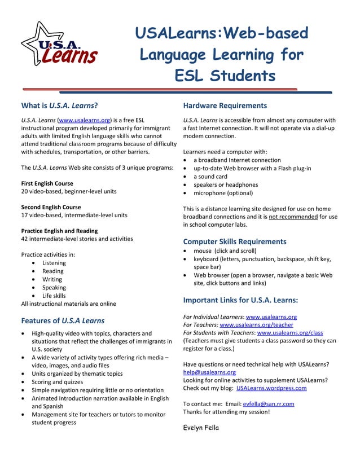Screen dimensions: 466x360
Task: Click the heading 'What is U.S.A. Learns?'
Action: click(x=59, y=105)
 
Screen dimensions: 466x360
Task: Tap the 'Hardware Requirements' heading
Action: click(x=225, y=105)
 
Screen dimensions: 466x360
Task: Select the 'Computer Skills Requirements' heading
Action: click(x=235, y=241)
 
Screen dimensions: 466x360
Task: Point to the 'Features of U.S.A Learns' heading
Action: click(x=63, y=320)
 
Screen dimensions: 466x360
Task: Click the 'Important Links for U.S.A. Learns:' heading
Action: click(x=240, y=300)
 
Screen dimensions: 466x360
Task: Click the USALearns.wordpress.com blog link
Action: click(x=271, y=388)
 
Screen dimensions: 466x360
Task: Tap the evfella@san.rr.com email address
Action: click(x=268, y=404)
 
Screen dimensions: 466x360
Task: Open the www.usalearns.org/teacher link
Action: click(x=256, y=325)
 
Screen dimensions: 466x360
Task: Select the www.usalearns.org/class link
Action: click(x=289, y=333)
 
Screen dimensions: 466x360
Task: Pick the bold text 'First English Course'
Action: click(x=47, y=183)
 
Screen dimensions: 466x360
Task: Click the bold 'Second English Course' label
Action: click(x=51, y=207)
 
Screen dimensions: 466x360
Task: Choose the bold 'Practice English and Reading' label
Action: click(x=59, y=231)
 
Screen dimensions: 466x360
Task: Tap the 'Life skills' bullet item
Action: click(x=54, y=296)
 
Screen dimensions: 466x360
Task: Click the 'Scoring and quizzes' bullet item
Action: click(x=57, y=382)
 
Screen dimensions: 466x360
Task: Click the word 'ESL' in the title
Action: click(x=189, y=76)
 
